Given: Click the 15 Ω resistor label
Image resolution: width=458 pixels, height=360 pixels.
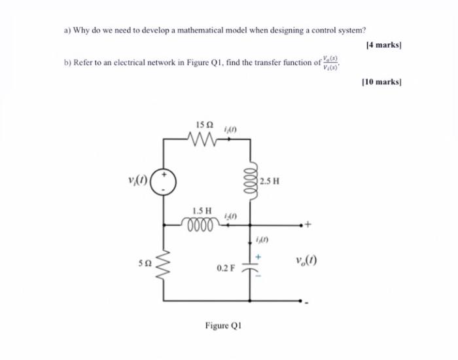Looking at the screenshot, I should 204,124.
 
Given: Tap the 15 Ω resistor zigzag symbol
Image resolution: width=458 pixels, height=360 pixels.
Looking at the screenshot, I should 204,139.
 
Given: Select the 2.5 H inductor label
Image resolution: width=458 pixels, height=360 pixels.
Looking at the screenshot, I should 270,181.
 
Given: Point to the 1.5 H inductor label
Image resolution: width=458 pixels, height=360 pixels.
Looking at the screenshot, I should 202,211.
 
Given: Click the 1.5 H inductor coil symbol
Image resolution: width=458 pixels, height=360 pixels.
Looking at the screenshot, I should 203,224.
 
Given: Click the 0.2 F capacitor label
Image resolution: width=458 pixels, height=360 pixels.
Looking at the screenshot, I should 225,268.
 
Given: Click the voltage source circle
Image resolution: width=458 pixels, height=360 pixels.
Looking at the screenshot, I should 164,180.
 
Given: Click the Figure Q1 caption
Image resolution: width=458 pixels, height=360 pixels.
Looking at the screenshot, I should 223,325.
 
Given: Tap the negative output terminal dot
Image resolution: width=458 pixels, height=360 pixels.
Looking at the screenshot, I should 301,302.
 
